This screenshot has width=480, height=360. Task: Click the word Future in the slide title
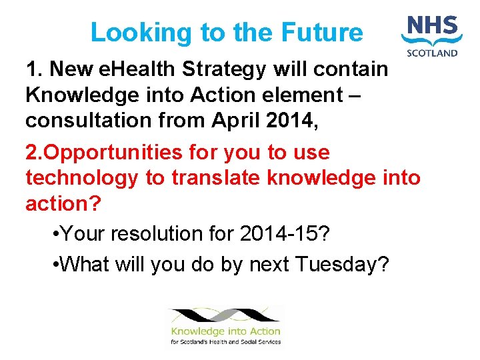click(x=322, y=32)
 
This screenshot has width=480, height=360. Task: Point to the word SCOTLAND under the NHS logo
click(x=433, y=53)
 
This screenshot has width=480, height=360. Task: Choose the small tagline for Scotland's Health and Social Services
click(x=225, y=342)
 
